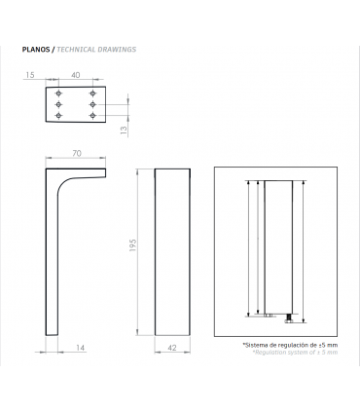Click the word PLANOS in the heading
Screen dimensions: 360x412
click(36, 50)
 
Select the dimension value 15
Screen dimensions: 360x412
click(29, 75)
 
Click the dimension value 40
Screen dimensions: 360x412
click(75, 75)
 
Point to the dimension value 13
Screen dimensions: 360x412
click(124, 131)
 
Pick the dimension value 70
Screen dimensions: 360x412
click(77, 153)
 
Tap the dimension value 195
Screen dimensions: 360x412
click(132, 245)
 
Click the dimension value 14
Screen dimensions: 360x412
click(80, 348)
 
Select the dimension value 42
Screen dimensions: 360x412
click(172, 348)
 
